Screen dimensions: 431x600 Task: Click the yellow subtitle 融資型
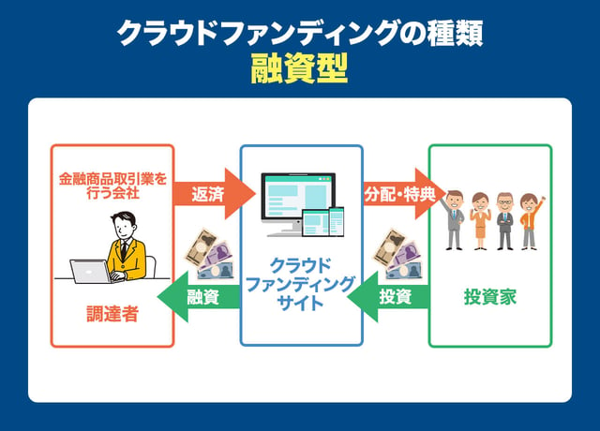(x=299, y=67)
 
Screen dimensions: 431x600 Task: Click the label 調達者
(x=112, y=314)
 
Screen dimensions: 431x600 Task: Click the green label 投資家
(x=490, y=298)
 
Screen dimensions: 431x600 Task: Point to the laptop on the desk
(x=91, y=271)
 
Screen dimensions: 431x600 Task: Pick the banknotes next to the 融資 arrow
(x=209, y=256)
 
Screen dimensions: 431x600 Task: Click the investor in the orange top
(x=530, y=219)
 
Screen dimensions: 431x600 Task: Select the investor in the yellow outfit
(x=480, y=220)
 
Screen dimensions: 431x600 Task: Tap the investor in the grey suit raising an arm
(x=455, y=217)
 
